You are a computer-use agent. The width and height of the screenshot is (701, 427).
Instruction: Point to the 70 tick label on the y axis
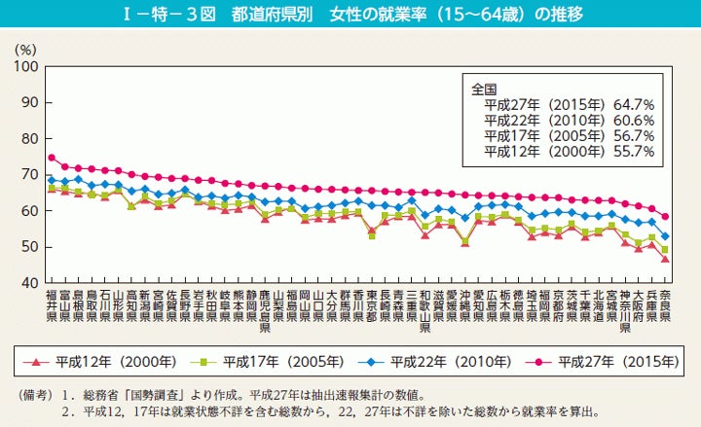click(x=28, y=175)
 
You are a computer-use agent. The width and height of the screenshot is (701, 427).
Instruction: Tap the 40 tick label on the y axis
click(x=28, y=283)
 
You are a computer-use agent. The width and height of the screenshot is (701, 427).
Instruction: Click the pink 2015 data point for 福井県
click(x=52, y=158)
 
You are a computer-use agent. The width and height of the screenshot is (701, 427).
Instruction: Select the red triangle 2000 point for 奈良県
click(x=664, y=259)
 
